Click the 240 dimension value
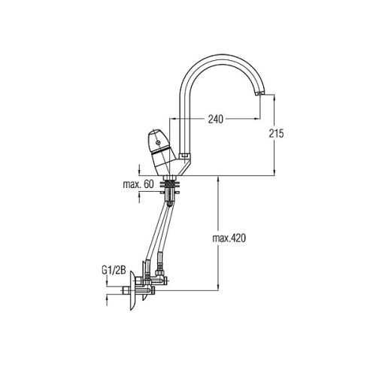(216, 120)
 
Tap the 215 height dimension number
(276, 133)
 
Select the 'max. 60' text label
(138, 184)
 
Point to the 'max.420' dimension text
(229, 238)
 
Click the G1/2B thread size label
(114, 271)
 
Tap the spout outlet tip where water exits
(260, 93)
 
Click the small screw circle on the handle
(158, 143)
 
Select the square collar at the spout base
(184, 156)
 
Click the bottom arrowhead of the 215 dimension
(274, 172)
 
